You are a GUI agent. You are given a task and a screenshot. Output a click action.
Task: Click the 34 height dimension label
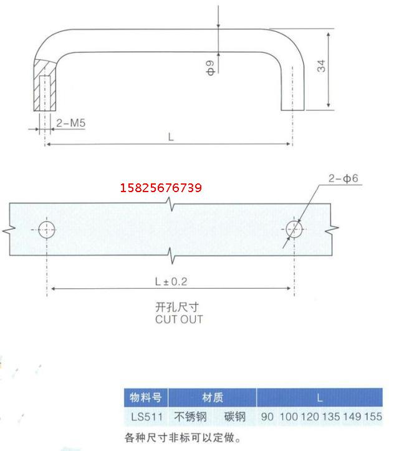click(321, 66)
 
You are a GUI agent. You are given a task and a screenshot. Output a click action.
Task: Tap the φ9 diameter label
click(210, 67)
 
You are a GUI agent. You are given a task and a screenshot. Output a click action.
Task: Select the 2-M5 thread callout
click(70, 123)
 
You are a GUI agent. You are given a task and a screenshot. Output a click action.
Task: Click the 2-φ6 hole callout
click(344, 178)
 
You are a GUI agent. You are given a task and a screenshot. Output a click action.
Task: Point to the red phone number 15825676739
click(161, 188)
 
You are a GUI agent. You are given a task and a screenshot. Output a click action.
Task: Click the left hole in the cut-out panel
click(47, 230)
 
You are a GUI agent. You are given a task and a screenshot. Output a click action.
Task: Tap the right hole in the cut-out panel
click(294, 230)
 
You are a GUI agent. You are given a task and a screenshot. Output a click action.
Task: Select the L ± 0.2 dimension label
click(171, 281)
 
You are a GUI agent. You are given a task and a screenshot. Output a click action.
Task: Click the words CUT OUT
click(179, 319)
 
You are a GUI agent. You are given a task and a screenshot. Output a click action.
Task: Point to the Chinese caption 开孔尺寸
click(177, 307)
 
